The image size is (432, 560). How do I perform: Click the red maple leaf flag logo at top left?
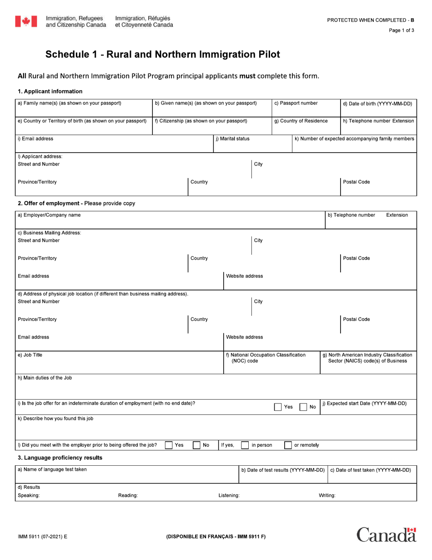pyautogui.click(x=26, y=21)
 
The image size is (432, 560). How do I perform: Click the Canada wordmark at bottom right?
pyautogui.click(x=386, y=535)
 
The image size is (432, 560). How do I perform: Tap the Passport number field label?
pyautogui.click(x=296, y=103)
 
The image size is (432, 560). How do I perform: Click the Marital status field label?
pyautogui.click(x=232, y=139)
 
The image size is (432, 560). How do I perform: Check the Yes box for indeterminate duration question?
pyautogui.click(x=278, y=407)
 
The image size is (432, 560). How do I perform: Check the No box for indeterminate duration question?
pyautogui.click(x=303, y=407)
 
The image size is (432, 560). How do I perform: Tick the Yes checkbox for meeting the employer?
pyautogui.click(x=169, y=445)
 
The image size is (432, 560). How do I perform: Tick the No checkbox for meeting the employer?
pyautogui.click(x=197, y=445)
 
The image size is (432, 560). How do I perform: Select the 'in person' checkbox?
pyautogui.click(x=245, y=445)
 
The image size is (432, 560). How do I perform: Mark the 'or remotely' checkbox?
pyautogui.click(x=288, y=445)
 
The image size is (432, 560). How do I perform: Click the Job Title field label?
pyautogui.click(x=30, y=355)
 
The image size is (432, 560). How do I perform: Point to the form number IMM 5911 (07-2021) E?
pyautogui.click(x=42, y=537)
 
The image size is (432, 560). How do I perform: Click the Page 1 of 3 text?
pyautogui.click(x=401, y=31)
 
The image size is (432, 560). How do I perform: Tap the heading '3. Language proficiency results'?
pyautogui.click(x=60, y=458)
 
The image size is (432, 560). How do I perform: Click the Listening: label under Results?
pyautogui.click(x=229, y=495)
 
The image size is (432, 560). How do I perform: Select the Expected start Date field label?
pyautogui.click(x=364, y=403)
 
